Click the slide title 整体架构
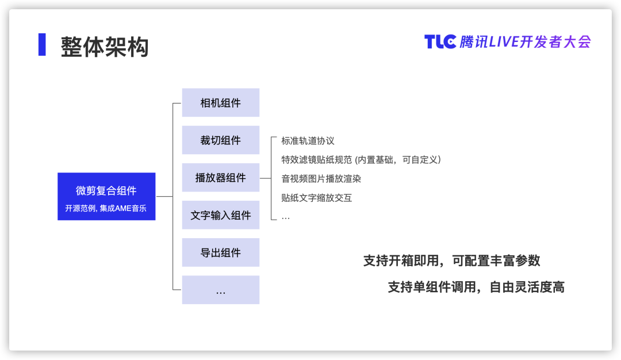(105, 47)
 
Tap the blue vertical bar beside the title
(42, 44)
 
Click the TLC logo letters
(440, 41)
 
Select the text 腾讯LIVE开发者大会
(525, 41)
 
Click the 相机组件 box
(221, 102)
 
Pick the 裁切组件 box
(221, 140)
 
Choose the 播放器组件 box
(221, 178)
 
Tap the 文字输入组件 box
(221, 215)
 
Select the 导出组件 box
(221, 252)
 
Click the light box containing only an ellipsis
(221, 290)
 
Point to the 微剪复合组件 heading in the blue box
(106, 190)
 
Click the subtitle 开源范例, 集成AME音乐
(106, 208)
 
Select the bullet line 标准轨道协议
(308, 140)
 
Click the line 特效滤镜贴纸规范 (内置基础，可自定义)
(361, 160)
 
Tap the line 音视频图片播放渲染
(321, 179)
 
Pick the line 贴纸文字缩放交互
(316, 198)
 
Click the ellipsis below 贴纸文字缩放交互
(286, 218)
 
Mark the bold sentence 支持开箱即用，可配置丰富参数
(452, 261)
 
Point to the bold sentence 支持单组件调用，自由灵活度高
(476, 287)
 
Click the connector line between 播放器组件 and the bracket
(265, 178)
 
